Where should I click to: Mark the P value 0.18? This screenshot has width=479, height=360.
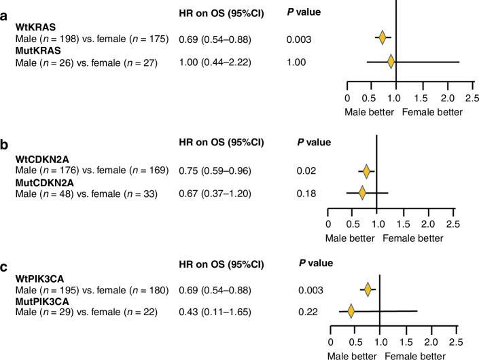click(x=306, y=194)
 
